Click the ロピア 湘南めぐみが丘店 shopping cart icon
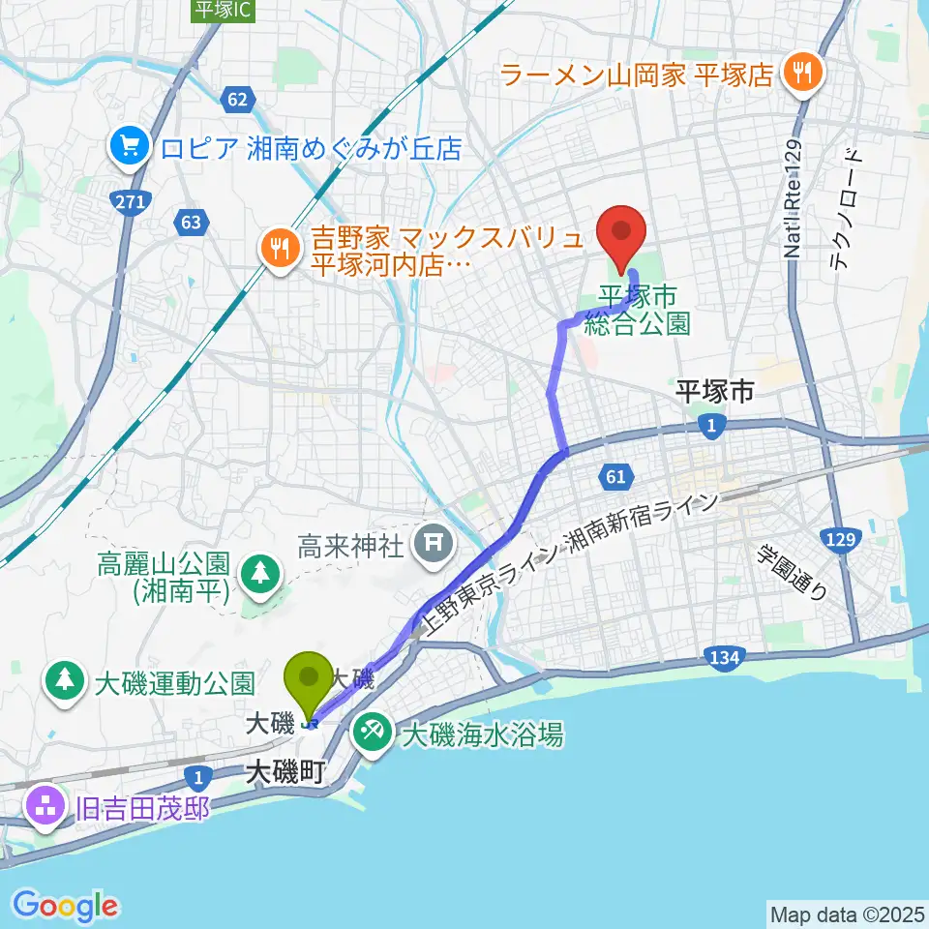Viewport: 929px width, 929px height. (x=128, y=148)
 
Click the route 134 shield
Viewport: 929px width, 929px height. (x=725, y=658)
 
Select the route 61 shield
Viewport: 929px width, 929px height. (x=616, y=475)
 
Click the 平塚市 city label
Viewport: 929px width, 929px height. (x=714, y=391)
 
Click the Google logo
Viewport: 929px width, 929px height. (x=65, y=906)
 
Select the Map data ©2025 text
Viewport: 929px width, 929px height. (x=847, y=913)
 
